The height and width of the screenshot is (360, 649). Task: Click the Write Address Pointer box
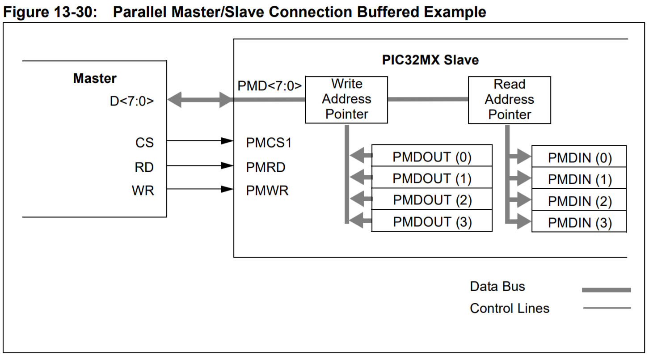[346, 100]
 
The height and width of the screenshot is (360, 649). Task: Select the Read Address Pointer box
[509, 100]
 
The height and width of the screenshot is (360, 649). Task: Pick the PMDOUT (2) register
[432, 199]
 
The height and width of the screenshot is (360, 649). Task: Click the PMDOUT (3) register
[432, 221]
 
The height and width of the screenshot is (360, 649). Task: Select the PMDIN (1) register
[579, 179]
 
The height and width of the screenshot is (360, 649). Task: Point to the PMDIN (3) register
[579, 222]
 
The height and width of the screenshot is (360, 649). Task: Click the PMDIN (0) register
[579, 157]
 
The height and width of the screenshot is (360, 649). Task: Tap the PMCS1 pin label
[269, 143]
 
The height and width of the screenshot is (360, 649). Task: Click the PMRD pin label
[265, 167]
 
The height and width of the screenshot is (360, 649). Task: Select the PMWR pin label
[267, 191]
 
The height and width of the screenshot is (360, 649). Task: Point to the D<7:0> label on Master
[131, 101]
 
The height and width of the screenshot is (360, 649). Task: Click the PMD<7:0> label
[270, 85]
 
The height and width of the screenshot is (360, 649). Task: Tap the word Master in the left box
[95, 78]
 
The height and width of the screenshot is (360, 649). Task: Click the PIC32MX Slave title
[430, 60]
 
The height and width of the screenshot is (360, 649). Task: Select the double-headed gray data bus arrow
[200, 99]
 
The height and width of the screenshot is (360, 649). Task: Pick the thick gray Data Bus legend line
[606, 290]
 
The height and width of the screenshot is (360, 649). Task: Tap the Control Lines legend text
[510, 308]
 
